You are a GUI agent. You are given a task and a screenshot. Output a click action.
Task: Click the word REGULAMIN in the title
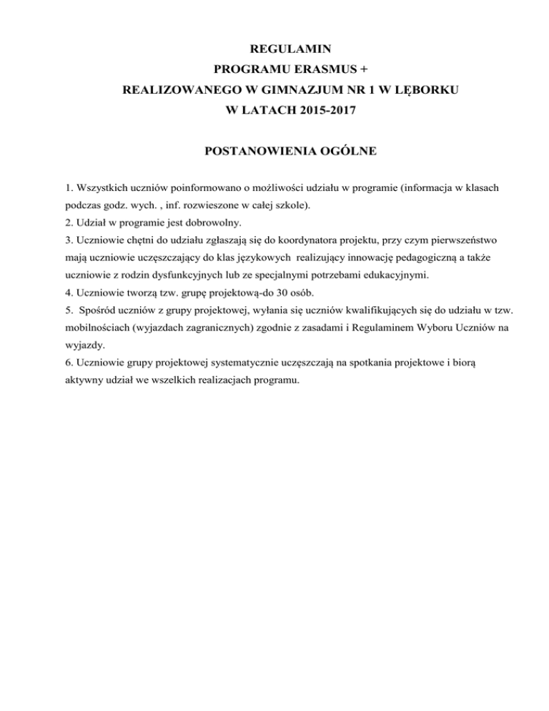[x=274, y=49]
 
